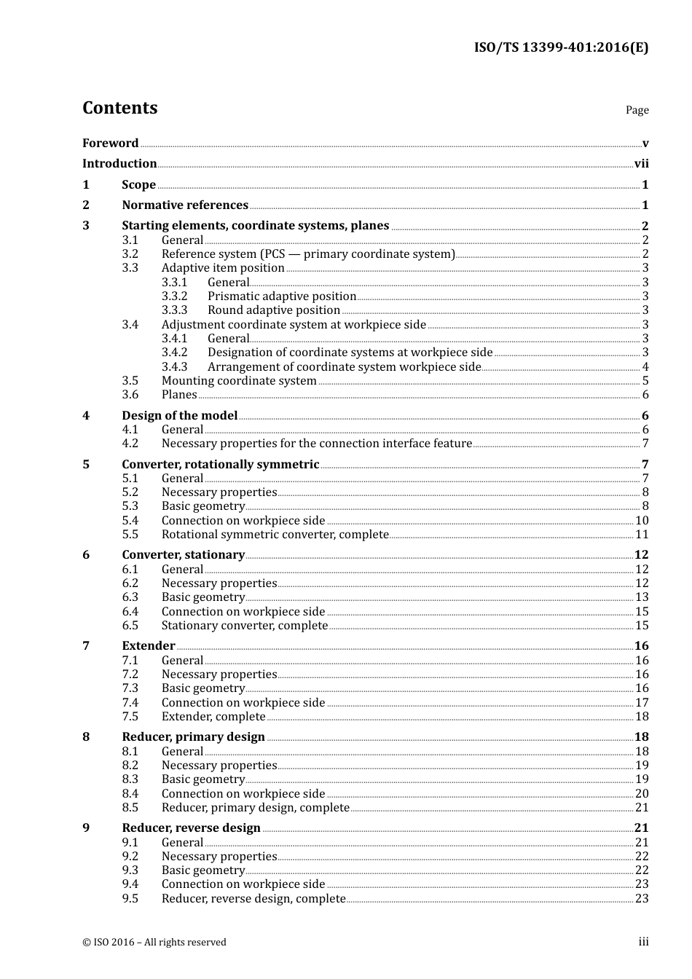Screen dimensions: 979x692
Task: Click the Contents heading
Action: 119,108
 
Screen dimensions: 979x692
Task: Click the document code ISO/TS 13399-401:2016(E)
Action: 561,48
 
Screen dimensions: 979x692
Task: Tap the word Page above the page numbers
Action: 637,110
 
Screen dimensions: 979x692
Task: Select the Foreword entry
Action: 110,143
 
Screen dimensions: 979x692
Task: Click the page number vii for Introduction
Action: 641,164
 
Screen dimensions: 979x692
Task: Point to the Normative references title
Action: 185,205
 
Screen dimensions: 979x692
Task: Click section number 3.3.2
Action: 174,296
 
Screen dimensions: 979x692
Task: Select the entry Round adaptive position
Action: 273,310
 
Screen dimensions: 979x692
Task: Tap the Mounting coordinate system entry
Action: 239,381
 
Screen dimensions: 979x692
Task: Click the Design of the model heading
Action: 179,416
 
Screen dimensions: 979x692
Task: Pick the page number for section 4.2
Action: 645,444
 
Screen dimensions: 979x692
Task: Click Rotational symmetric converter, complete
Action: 275,535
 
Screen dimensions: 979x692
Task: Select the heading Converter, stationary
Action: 183,555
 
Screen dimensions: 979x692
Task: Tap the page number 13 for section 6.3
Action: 642,597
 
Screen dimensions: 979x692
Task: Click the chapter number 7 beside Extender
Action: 86,646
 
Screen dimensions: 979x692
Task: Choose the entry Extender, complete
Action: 213,717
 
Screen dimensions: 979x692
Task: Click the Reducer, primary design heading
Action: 193,737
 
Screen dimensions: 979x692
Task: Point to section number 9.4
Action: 130,884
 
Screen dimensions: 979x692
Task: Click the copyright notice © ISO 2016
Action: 154,943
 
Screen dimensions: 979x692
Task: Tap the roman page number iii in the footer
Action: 643,942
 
